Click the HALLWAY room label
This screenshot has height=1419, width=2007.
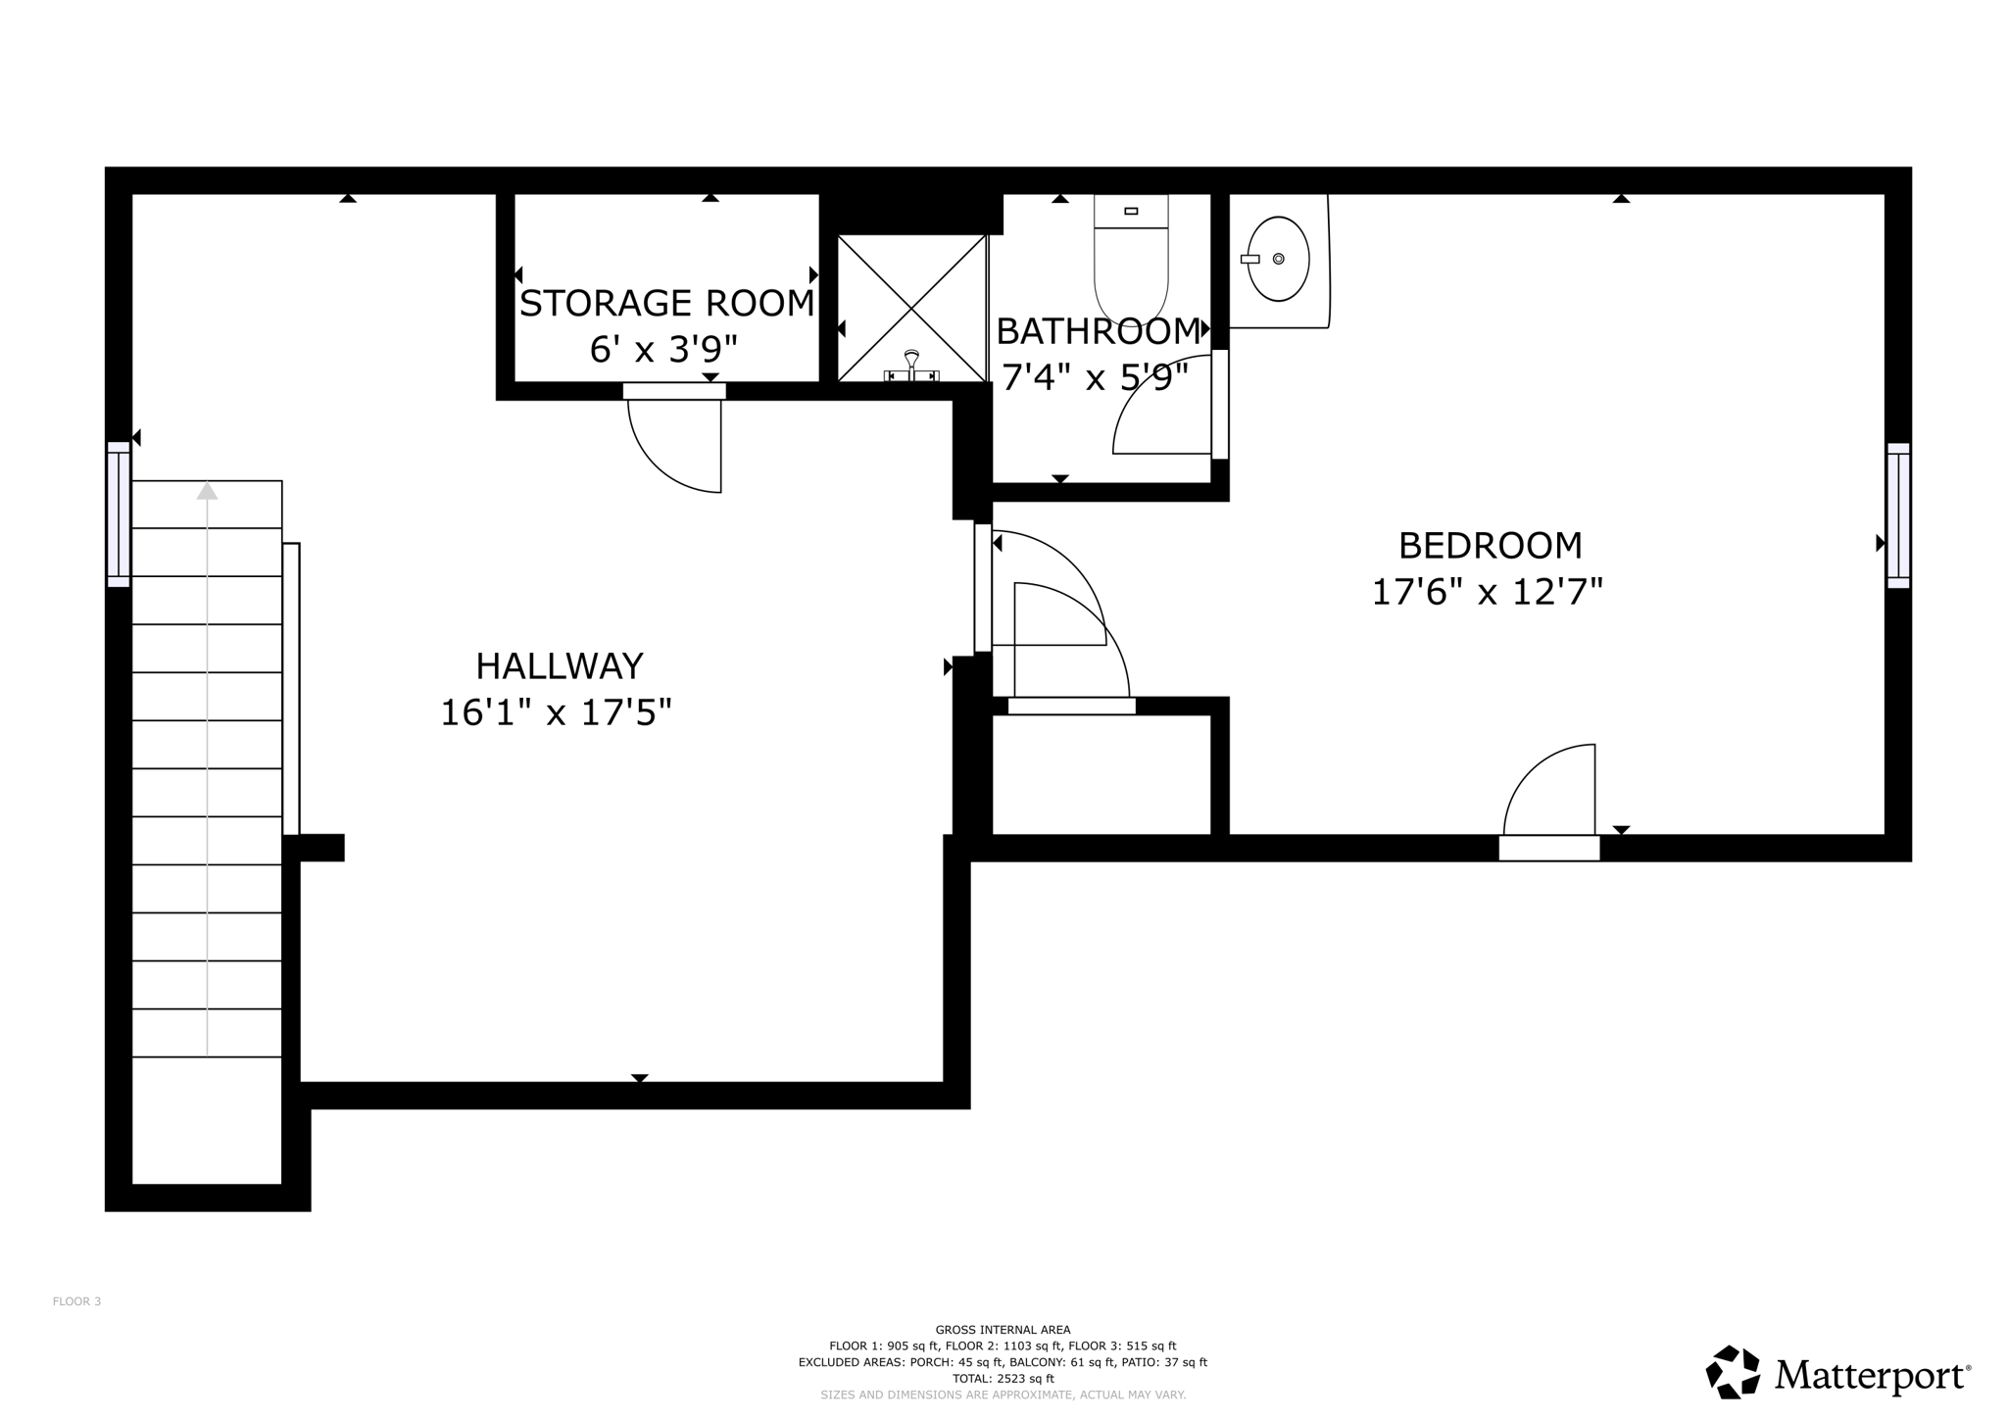pos(559,666)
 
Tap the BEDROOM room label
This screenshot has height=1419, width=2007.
pos(1490,545)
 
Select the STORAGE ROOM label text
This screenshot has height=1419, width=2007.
pos(666,304)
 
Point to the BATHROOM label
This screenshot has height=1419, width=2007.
pos(1098,332)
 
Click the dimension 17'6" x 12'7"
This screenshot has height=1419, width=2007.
pos(1487,592)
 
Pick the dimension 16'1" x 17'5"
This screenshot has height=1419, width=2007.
pos(556,712)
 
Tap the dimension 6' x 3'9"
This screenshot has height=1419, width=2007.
pos(663,349)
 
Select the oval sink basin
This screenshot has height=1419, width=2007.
pos(1279,259)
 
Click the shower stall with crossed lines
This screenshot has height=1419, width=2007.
pos(911,294)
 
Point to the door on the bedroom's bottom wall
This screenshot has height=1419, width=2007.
pos(1548,847)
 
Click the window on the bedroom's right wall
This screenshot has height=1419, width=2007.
pos(1898,515)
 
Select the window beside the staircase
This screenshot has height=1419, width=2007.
pos(119,514)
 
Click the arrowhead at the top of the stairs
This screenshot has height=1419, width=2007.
pos(207,491)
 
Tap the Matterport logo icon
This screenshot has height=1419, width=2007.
pos(1732,1372)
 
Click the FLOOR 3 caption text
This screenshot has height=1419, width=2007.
pos(76,1301)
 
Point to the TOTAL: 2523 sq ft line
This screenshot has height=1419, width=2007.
pos(1003,1378)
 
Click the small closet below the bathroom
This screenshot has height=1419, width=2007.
pos(1101,774)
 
